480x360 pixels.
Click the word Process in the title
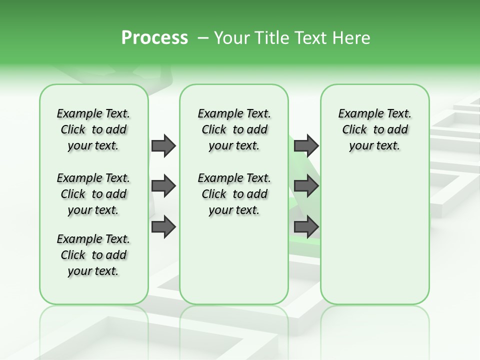[x=154, y=38]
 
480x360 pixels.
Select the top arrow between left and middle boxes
[x=163, y=145]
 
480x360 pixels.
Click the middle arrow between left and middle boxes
[x=163, y=186]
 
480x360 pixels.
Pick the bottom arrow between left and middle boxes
[x=163, y=226]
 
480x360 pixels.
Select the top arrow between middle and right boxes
[x=306, y=145]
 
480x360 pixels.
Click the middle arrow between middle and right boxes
[x=306, y=186]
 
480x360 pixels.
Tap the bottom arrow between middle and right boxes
[x=306, y=226]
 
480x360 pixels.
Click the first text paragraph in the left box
[x=93, y=129]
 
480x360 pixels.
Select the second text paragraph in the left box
[x=93, y=194]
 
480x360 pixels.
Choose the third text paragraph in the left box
[x=93, y=255]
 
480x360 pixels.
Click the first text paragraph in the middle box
[x=234, y=129]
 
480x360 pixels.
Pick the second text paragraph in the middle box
[x=234, y=194]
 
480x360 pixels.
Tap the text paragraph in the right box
[x=374, y=129]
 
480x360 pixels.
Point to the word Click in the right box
[x=354, y=130]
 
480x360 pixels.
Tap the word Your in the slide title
[x=230, y=38]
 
